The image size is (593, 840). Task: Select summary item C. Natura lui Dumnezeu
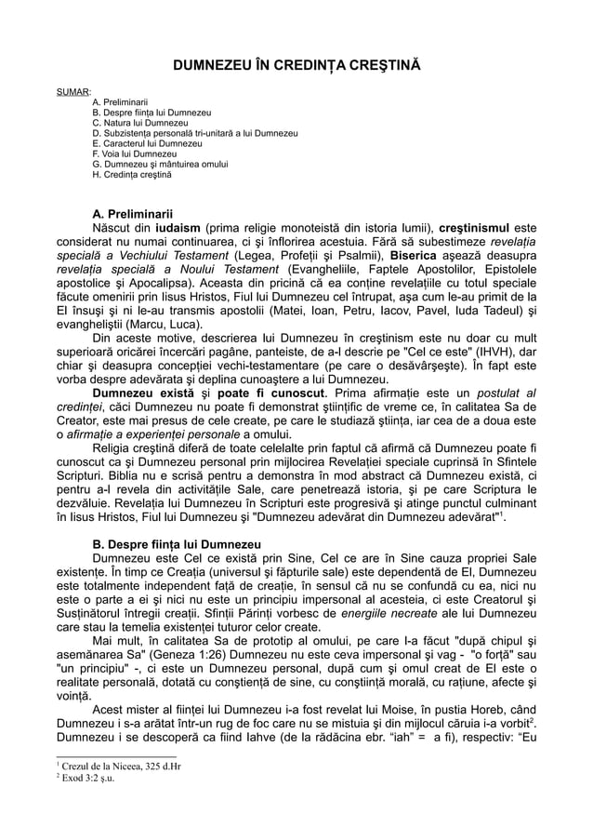[140, 123]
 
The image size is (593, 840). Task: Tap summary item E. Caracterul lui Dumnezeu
[146, 144]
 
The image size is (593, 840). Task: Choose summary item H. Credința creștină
[132, 175]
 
